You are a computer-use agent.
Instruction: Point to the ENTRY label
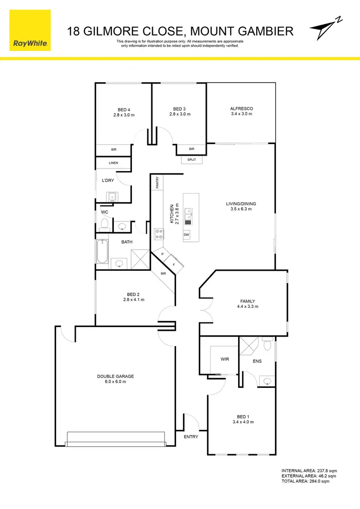(x=191, y=436)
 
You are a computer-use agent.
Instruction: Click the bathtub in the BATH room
(x=102, y=251)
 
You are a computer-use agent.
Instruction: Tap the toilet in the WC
(x=104, y=224)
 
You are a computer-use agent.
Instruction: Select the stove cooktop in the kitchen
(x=159, y=234)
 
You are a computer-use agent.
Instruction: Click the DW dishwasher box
(x=186, y=235)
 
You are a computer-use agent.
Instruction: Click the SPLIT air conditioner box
(x=192, y=159)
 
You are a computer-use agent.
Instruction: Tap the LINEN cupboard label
(x=113, y=163)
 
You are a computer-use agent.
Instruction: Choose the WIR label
(x=224, y=359)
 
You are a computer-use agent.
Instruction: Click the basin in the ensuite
(x=267, y=381)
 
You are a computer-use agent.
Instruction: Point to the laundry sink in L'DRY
(x=113, y=196)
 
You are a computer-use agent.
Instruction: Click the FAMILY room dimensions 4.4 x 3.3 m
(x=248, y=306)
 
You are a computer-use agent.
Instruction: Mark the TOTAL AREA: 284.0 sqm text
(x=305, y=481)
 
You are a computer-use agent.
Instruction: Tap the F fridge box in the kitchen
(x=174, y=264)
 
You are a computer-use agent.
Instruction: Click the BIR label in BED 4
(x=114, y=150)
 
